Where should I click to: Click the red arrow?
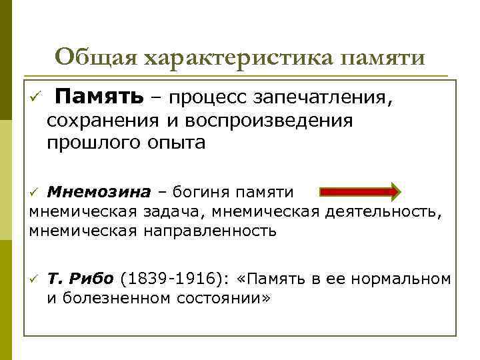click(360, 192)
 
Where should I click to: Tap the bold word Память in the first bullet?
click(99, 98)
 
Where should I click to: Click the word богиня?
click(199, 193)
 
